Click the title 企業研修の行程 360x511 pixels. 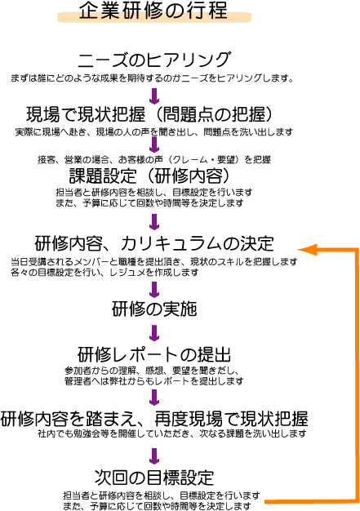153,11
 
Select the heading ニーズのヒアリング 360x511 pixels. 153,60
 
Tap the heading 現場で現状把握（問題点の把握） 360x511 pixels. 149,114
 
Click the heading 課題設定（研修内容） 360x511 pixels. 149,176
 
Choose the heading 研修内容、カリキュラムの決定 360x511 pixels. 154,243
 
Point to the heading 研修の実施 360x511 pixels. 154,309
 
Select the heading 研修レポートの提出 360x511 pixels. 154,354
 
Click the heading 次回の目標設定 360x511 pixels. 154,478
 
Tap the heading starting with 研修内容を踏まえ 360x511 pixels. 154,419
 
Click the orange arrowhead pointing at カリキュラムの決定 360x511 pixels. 306,249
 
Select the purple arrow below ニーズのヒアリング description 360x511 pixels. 154,96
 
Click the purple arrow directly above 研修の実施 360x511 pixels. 154,290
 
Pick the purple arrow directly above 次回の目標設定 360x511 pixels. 154,456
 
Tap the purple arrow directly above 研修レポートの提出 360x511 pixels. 154,333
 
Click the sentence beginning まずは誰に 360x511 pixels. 152,78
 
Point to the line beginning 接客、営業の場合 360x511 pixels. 154,160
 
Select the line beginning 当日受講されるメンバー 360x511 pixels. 154,262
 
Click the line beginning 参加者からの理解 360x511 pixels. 152,371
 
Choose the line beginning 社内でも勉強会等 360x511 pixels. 172,433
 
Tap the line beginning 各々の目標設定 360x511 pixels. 104,272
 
